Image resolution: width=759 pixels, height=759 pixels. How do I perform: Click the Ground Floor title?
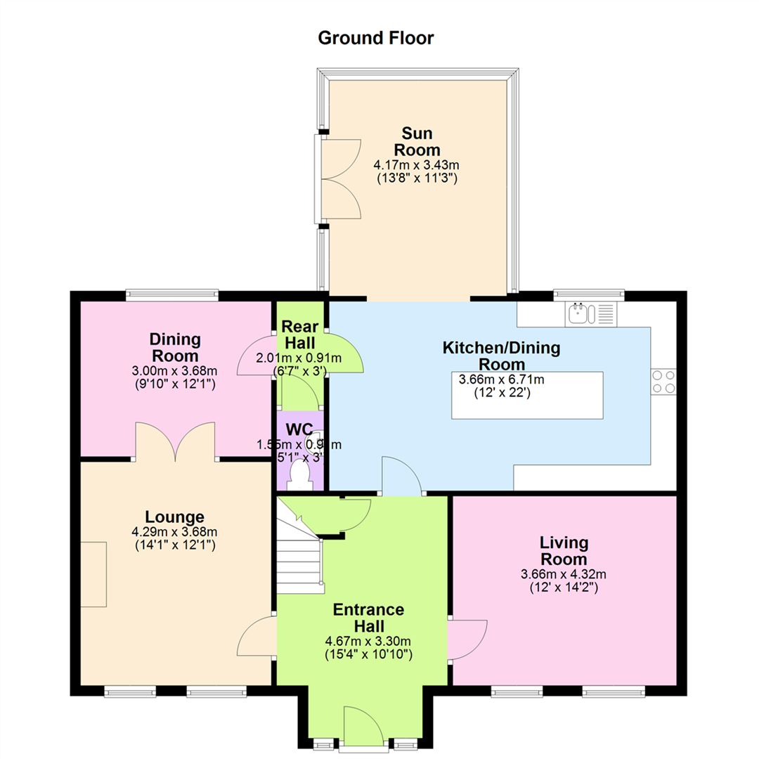coord(375,38)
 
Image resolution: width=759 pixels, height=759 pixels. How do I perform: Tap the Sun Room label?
coord(417,141)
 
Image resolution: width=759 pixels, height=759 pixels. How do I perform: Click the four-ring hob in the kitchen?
coord(663,382)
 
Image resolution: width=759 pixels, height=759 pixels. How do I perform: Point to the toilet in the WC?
coord(299,474)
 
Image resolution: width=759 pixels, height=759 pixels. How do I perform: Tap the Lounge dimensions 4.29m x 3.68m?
coord(174,532)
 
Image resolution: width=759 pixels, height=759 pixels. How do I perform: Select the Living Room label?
coord(564,551)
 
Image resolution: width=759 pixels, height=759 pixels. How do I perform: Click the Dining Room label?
coord(175,348)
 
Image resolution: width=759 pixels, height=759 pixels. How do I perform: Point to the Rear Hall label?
coord(299,335)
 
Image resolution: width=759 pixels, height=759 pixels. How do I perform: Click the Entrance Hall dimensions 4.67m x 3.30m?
coord(368,642)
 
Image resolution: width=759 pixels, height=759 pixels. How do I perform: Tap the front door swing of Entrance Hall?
coord(364,726)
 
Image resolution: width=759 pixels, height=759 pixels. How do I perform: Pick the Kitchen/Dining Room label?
coord(502,356)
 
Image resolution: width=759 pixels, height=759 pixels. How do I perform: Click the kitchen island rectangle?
coord(527,395)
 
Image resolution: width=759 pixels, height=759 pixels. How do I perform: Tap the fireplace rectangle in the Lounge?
coord(93,574)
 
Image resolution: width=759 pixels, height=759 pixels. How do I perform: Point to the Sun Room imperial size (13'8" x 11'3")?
coord(417,178)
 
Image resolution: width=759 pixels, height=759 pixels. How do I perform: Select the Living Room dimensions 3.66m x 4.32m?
coord(564,575)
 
